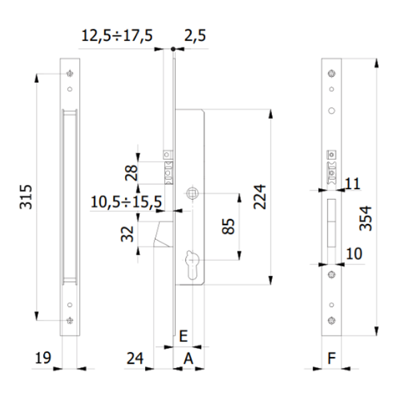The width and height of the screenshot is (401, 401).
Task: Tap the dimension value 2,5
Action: pos(195,35)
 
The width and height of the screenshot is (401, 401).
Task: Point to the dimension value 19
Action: pos(43,359)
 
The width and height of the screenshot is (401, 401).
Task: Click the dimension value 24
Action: pos(135,359)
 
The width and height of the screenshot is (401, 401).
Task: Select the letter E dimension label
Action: pos(183,336)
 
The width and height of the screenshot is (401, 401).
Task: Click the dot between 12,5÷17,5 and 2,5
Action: pos(172,48)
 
